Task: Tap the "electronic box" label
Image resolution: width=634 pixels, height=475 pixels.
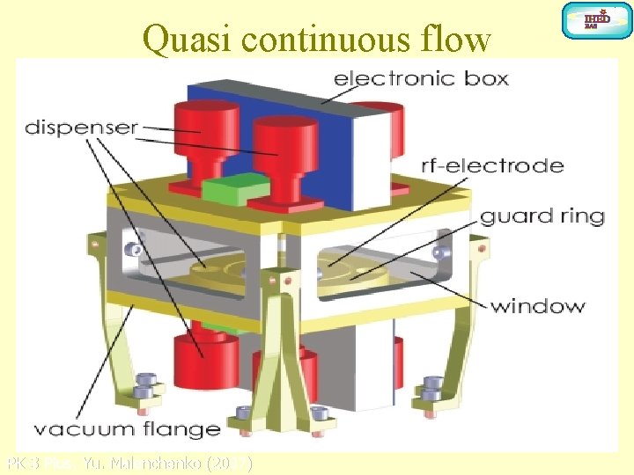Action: (421, 78)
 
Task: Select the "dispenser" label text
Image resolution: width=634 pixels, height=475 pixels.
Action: (81, 127)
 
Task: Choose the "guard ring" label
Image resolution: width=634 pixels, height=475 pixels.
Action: (542, 216)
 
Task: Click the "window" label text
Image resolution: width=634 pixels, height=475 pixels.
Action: (537, 306)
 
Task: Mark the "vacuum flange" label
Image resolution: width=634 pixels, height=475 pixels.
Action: (127, 429)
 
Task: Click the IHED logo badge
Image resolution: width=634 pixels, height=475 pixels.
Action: (596, 19)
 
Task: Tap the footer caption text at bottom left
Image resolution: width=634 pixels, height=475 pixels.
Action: (129, 463)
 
